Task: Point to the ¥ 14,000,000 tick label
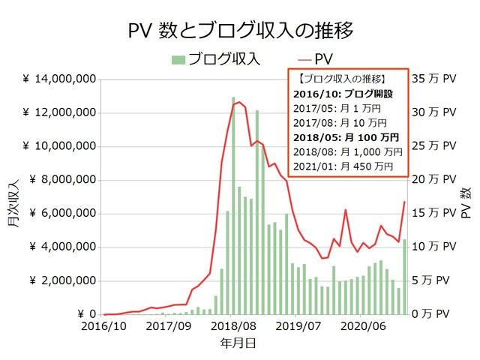pos(58,79)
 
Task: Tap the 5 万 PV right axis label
pos(437,281)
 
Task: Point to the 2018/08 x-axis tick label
pos(232,328)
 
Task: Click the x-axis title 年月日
pos(241,343)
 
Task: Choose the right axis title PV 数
pos(466,199)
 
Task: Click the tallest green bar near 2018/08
pos(234,206)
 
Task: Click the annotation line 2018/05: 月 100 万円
pos(346,137)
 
